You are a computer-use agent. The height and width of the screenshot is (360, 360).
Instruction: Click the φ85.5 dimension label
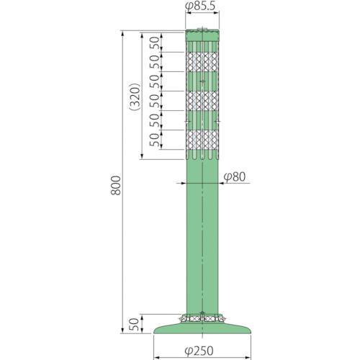[x=200, y=6]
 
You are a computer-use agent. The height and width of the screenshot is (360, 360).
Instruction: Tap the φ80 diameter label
[x=235, y=177]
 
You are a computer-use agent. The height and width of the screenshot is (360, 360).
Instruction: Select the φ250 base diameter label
[x=199, y=351]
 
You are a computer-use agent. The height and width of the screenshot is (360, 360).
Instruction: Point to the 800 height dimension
[x=116, y=185]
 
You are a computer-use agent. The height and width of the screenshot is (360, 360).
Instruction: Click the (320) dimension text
[x=135, y=96]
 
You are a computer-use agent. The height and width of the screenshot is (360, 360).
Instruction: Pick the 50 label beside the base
[x=134, y=324]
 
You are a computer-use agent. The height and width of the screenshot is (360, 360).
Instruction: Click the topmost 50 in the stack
[x=154, y=43]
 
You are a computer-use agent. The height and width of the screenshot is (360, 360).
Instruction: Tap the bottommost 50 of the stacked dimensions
[x=154, y=140]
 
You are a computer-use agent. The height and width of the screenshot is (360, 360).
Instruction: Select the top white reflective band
[x=202, y=62]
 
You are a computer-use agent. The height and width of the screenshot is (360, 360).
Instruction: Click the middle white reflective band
[x=202, y=101]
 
